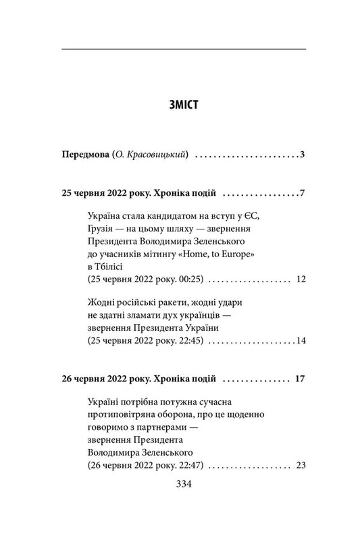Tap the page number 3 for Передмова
tap(304, 155)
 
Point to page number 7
tap(304, 194)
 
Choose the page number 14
tap(301, 340)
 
